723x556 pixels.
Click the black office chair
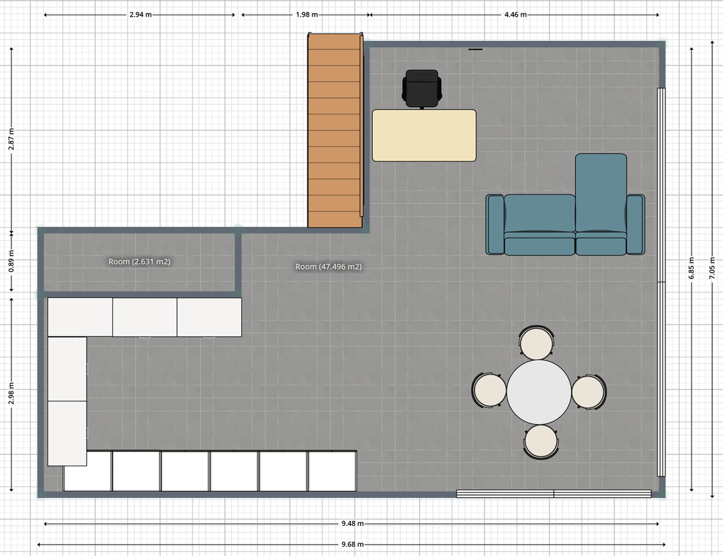click(x=422, y=88)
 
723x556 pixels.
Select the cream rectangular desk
click(x=424, y=135)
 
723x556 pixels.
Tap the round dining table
click(x=539, y=392)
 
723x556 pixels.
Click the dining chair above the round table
click(x=536, y=343)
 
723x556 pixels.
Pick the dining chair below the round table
click(x=541, y=442)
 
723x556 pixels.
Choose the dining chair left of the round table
click(x=489, y=391)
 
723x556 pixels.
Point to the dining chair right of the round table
click(x=589, y=392)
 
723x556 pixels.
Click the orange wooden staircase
click(x=335, y=130)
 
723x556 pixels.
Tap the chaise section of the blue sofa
click(x=600, y=193)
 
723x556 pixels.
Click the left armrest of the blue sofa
click(x=495, y=225)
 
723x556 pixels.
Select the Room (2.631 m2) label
click(x=139, y=262)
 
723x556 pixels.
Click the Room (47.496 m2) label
click(x=328, y=266)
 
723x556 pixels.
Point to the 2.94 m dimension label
click(x=141, y=15)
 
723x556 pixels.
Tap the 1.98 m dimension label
click(x=307, y=15)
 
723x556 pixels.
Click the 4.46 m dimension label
click(x=515, y=15)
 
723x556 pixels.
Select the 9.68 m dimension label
click(x=353, y=545)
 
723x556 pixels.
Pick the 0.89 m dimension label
click(x=11, y=262)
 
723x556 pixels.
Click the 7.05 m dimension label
click(x=713, y=268)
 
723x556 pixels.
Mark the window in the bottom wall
click(x=554, y=494)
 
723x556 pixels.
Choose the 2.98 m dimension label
click(x=11, y=393)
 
